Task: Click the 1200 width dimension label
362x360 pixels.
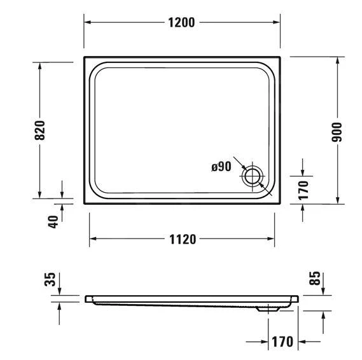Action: (182, 22)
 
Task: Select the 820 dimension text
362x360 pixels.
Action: (40, 130)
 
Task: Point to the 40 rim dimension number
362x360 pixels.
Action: (53, 221)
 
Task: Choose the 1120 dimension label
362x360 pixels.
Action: (182, 239)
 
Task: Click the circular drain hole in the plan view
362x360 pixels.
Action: (253, 176)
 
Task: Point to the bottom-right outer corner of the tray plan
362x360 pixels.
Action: (281, 204)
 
